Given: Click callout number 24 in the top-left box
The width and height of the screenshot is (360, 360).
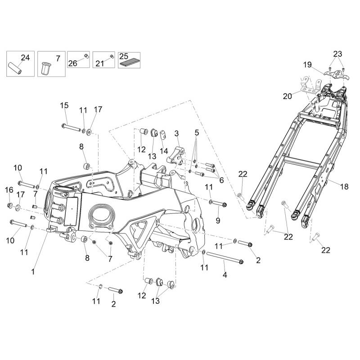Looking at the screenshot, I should pyautogui.click(x=25, y=57).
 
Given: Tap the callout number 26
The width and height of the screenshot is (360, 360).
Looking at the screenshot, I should pyautogui.click(x=72, y=63).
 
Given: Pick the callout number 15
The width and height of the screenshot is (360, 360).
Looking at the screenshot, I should pyautogui.click(x=64, y=105).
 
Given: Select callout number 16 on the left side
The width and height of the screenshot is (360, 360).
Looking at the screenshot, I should pyautogui.click(x=9, y=190).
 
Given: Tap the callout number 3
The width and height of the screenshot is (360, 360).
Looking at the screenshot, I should pyautogui.click(x=177, y=134).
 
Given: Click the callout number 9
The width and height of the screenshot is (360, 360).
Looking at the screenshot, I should pyautogui.click(x=218, y=220).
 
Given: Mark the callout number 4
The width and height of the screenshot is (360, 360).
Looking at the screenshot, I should pyautogui.click(x=225, y=275).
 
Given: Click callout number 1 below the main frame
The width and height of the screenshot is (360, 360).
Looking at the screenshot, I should pyautogui.click(x=33, y=272).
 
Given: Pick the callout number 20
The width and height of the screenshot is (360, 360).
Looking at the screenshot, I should pyautogui.click(x=288, y=95).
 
